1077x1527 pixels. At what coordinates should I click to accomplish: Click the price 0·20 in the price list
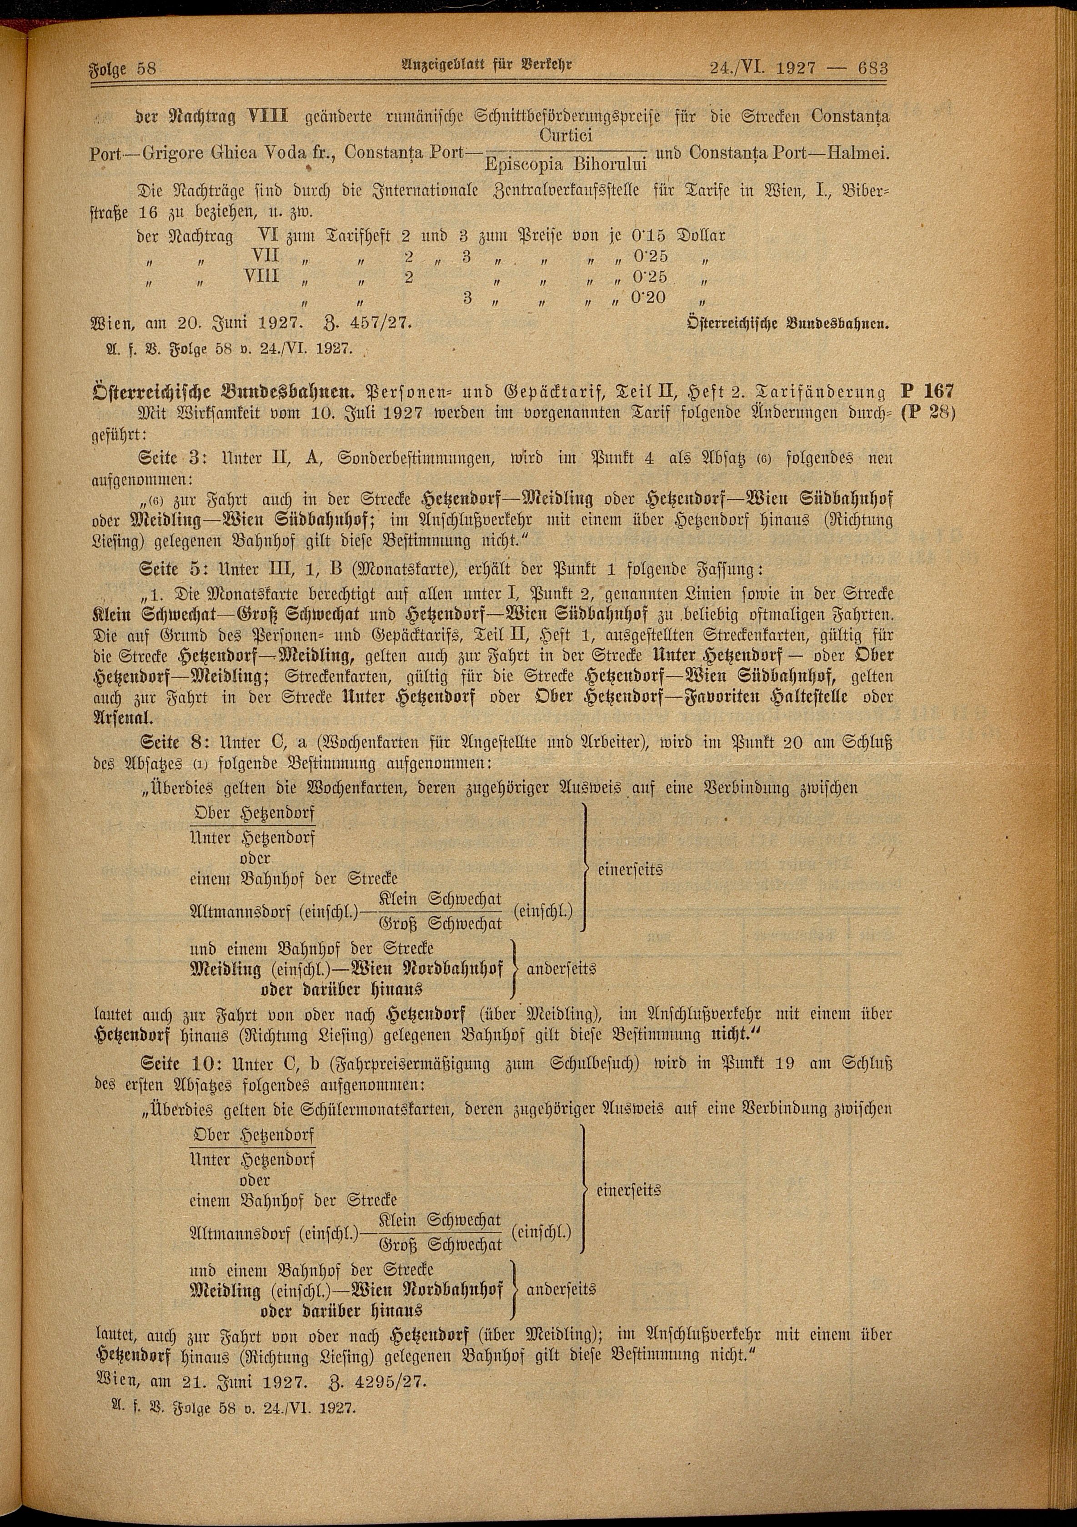(647, 297)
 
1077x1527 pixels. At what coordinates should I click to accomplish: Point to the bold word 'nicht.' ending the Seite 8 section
(738, 1036)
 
